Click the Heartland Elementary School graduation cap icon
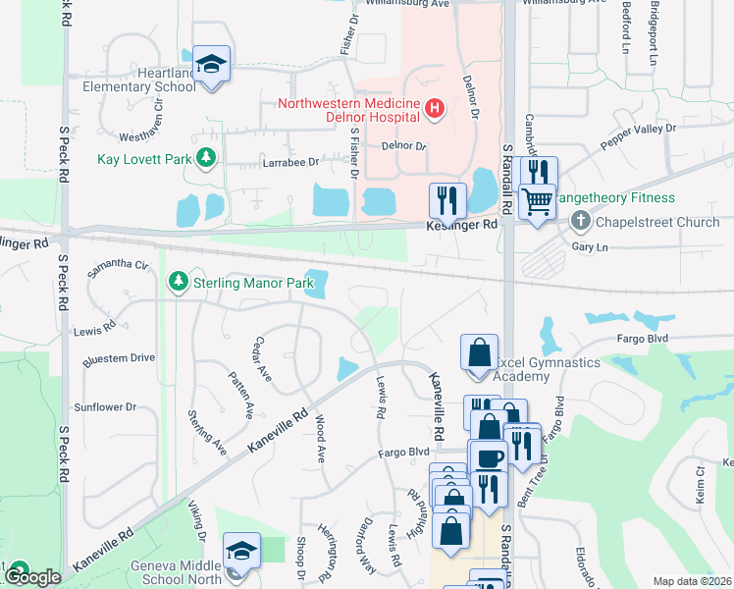point(211,66)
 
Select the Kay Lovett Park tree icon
point(205,157)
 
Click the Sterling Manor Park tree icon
point(178,283)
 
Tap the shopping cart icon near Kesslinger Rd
point(537,202)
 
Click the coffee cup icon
point(488,457)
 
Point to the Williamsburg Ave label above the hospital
point(406,5)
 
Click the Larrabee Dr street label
point(289,162)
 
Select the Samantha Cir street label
point(118,265)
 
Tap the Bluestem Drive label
point(120,357)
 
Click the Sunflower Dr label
point(105,406)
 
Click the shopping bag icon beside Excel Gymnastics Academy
point(478,353)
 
